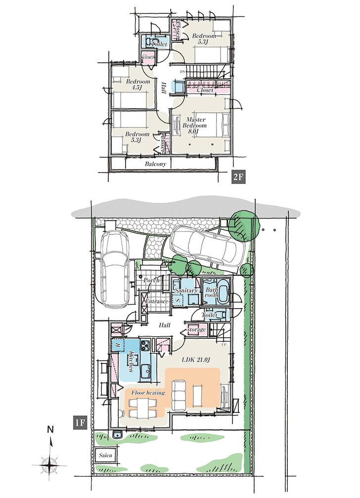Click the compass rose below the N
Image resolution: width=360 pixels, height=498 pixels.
tap(50, 463)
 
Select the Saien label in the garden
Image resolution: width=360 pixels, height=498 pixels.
tap(104, 454)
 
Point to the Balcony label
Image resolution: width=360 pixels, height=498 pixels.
tap(155, 164)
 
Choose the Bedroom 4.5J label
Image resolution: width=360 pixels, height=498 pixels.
tap(137, 85)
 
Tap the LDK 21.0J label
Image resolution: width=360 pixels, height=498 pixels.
tap(195, 358)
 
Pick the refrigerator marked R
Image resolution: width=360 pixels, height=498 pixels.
tap(118, 344)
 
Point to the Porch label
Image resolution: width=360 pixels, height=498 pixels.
tap(151, 280)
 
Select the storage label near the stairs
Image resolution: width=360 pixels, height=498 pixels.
tap(196, 329)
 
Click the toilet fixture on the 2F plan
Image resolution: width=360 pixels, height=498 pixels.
tap(151, 41)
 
